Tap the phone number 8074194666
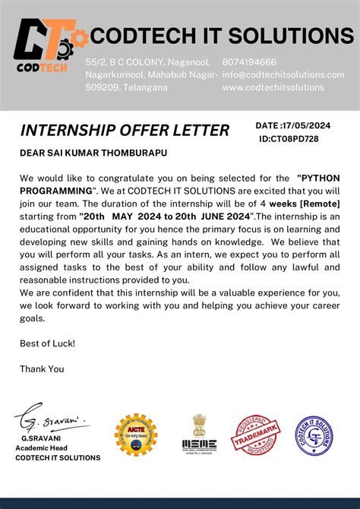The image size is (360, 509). tap(249, 62)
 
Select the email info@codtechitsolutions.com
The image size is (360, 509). tap(283, 74)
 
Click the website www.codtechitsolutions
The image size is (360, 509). tap(273, 87)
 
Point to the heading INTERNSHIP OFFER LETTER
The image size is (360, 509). tap(125, 131)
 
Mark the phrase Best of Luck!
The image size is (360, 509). tap(47, 343)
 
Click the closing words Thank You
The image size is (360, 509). tap(42, 368)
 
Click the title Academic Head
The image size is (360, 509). tap(44, 448)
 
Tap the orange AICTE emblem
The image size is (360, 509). tap(136, 435)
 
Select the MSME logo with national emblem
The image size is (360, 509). tap(199, 435)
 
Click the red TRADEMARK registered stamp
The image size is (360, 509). tap(254, 435)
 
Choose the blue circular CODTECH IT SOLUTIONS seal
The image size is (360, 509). tap(314, 435)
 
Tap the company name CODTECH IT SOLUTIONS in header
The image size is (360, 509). tap(222, 35)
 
